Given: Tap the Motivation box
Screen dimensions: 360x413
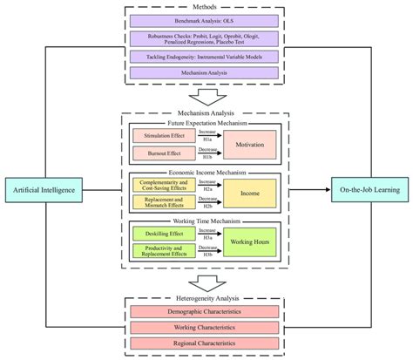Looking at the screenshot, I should click(250, 145).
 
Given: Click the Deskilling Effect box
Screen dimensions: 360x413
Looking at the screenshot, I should click(163, 234).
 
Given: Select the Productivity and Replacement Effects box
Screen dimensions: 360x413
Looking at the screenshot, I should click(163, 253).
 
